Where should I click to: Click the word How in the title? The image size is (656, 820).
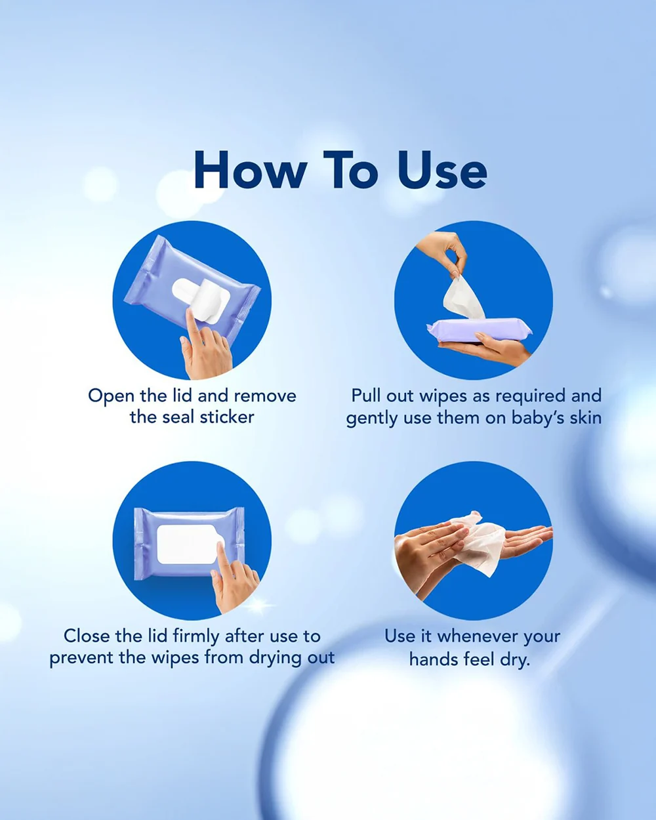coord(250,170)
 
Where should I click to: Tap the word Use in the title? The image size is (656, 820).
coord(441,170)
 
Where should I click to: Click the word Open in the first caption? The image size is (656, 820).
coord(111,397)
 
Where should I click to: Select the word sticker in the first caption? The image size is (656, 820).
coord(227,417)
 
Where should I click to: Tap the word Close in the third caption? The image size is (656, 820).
coord(87,636)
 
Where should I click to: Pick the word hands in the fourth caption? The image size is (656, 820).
coord(434,659)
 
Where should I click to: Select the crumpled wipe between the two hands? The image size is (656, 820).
coord(476,542)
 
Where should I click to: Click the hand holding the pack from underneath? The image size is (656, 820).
coord(483,348)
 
